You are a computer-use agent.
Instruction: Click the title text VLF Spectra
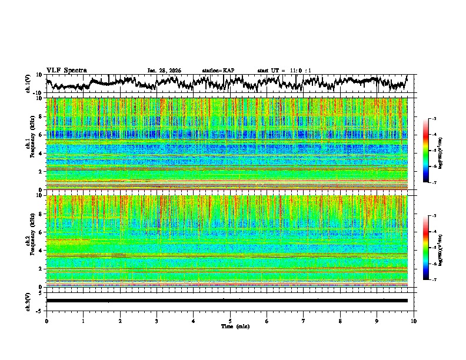click(x=66, y=70)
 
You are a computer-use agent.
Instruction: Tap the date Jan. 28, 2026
click(x=164, y=71)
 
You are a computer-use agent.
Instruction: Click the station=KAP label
click(x=218, y=71)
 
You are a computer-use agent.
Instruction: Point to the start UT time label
click(x=284, y=71)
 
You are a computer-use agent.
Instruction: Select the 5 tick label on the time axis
click(x=230, y=321)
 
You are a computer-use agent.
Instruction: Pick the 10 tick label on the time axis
click(x=414, y=321)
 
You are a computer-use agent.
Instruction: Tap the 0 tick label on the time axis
click(x=46, y=321)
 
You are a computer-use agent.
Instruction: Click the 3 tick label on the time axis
click(x=157, y=321)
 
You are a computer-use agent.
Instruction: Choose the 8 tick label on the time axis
click(x=340, y=321)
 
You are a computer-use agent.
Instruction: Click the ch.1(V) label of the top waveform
click(x=28, y=84)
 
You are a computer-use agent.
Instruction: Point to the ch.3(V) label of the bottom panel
click(x=28, y=301)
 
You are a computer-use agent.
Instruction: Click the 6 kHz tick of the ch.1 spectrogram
click(x=41, y=135)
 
